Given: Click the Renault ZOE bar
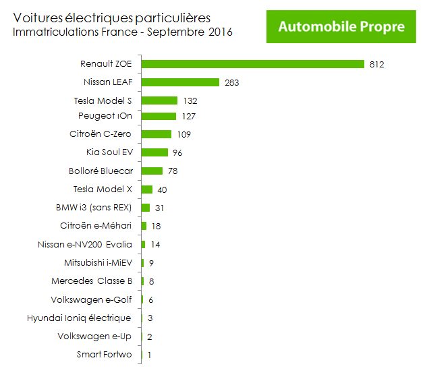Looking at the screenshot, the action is pyautogui.click(x=252, y=64).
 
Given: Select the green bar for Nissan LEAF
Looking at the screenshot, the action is pyautogui.click(x=180, y=82).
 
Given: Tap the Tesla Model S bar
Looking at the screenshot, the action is pyautogui.click(x=159, y=100).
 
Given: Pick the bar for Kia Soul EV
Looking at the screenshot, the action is pyautogui.click(x=154, y=152).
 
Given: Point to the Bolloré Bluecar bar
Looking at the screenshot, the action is pyautogui.click(x=152, y=171).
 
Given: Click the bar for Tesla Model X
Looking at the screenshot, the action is pyautogui.click(x=147, y=189).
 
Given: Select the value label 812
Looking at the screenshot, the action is pyautogui.click(x=376, y=65).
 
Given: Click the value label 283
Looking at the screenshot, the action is pyautogui.click(x=232, y=83).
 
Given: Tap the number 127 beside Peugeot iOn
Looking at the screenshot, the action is pyautogui.click(x=189, y=117).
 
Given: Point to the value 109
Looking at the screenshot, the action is pyautogui.click(x=184, y=134).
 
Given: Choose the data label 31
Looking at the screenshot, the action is pyautogui.click(x=159, y=208).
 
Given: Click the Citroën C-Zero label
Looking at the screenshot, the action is pyautogui.click(x=101, y=134).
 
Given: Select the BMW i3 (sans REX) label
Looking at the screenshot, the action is pyautogui.click(x=94, y=208).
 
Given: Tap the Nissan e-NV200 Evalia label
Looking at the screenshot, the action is pyautogui.click(x=85, y=244).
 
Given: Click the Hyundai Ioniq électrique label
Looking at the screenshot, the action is pyautogui.click(x=79, y=318).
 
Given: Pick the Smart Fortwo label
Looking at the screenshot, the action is pyautogui.click(x=105, y=355).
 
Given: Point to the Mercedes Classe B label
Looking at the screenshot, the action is pyautogui.click(x=92, y=281).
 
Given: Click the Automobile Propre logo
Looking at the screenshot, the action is pyautogui.click(x=341, y=26).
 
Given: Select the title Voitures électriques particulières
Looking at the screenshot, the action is pyautogui.click(x=112, y=18).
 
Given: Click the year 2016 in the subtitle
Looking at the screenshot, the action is pyautogui.click(x=221, y=32).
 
